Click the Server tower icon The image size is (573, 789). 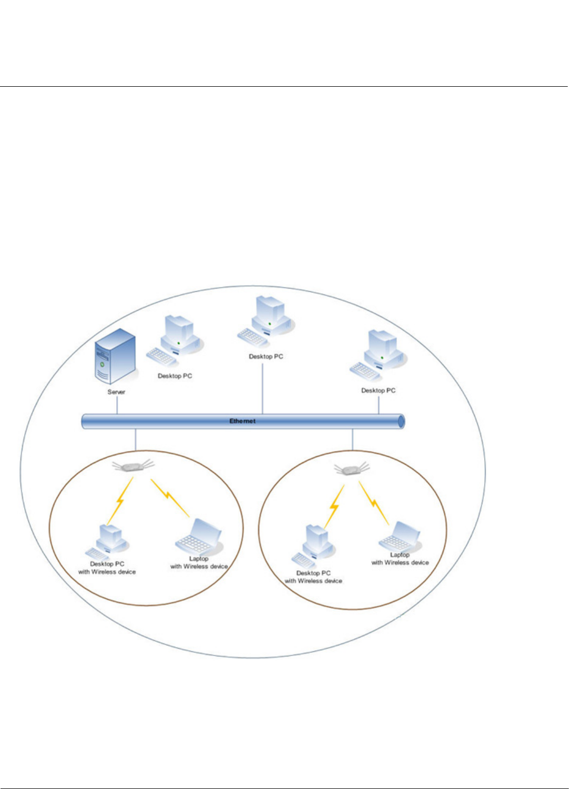116,356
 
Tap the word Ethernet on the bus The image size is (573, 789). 242,421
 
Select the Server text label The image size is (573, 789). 116,392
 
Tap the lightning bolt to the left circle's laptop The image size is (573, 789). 169,497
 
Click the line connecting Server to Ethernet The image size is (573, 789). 117,405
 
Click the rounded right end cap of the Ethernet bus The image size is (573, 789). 401,422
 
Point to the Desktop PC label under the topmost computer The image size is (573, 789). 266,356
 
